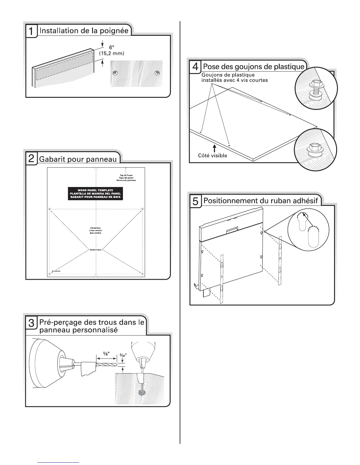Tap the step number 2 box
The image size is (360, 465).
[x=31, y=159]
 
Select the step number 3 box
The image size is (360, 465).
[x=31, y=323]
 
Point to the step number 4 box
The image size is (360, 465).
[x=195, y=67]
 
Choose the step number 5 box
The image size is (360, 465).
[x=195, y=201]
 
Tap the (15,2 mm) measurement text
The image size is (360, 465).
[x=111, y=53]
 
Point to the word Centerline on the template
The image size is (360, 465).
[x=95, y=228]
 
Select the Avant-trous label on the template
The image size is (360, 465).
[x=95, y=250]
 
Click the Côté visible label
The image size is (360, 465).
[x=212, y=156]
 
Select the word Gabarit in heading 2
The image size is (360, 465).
[x=50, y=159]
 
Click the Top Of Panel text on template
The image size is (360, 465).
[x=126, y=175]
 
